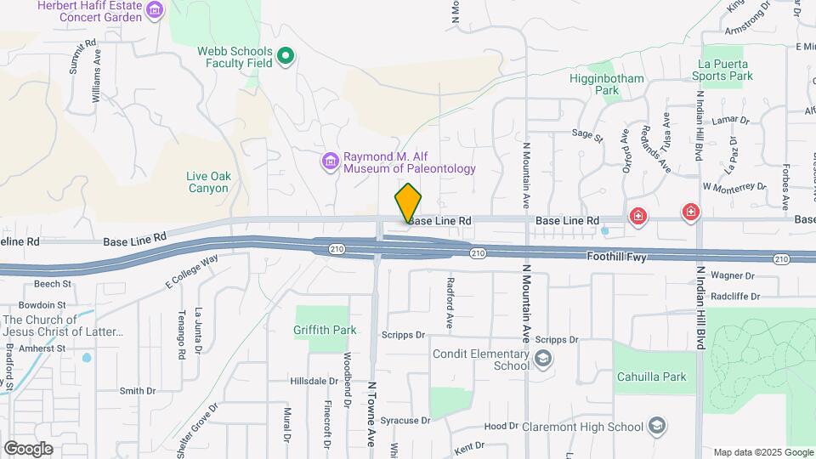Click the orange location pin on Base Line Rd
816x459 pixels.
pos(408,203)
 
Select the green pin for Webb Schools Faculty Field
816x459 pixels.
pos(286,57)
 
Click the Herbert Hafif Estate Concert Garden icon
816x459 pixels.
pos(154,10)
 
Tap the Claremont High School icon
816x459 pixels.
pos(656,425)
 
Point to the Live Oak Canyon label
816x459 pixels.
pos(207,182)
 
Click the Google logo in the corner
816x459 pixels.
pos(28,448)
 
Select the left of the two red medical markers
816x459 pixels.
pos(637,218)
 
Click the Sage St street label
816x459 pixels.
pos(586,134)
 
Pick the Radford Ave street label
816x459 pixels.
pos(450,303)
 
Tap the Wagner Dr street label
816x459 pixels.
pos(733,275)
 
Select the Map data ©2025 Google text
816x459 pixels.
pos(762,452)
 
